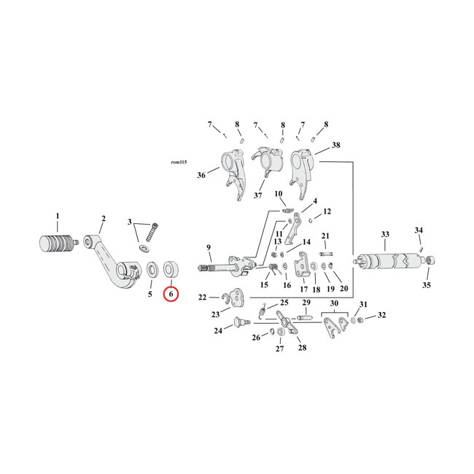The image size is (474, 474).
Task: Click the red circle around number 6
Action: pyautogui.click(x=171, y=295)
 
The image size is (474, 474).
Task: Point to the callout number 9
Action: pyautogui.click(x=209, y=247)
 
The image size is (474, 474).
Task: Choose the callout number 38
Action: pyautogui.click(x=336, y=145)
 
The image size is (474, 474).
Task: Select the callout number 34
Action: pyautogui.click(x=419, y=230)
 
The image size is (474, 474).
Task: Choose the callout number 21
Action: pyautogui.click(x=326, y=236)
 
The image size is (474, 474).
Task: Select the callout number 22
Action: pyautogui.click(x=203, y=297)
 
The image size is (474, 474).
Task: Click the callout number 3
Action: pyautogui.click(x=131, y=222)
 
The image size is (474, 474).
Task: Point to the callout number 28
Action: pyautogui.click(x=302, y=348)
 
